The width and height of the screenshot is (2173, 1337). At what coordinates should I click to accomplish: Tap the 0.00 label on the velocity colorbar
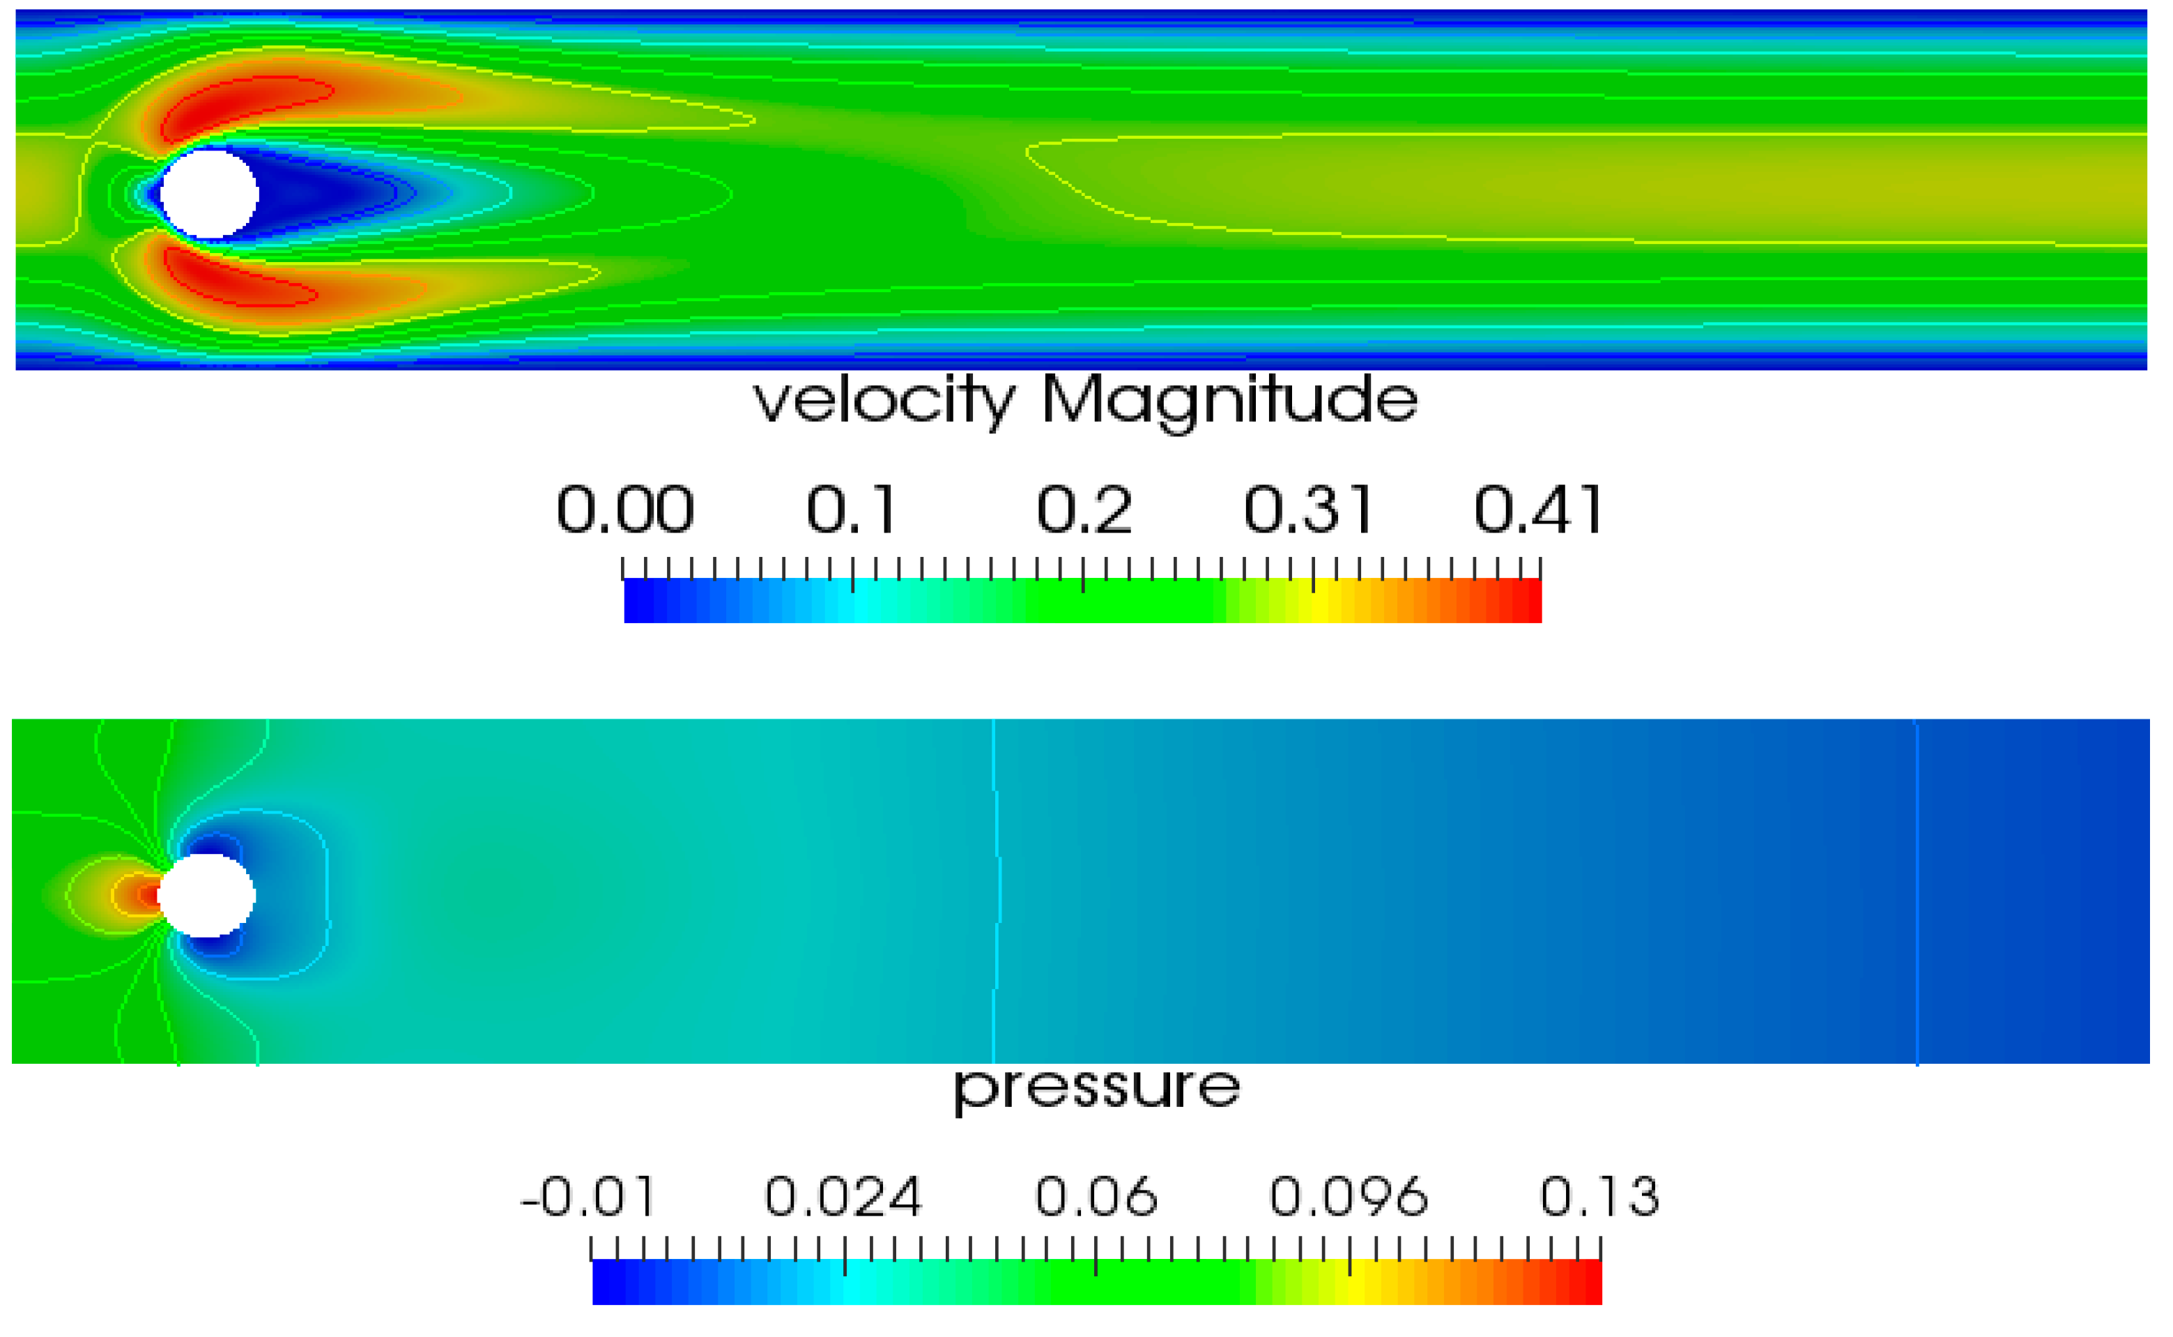(625, 510)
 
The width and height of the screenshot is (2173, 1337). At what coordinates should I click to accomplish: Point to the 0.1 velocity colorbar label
(852, 510)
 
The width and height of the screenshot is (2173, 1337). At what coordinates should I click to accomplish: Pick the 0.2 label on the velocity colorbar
(1084, 510)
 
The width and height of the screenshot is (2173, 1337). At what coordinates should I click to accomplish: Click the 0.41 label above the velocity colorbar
(1538, 510)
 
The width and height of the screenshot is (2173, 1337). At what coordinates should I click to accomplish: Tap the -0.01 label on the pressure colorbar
(589, 1198)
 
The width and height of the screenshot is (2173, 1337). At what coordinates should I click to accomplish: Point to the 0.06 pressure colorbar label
(1096, 1198)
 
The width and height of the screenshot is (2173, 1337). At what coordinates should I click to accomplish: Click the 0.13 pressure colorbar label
(1600, 1198)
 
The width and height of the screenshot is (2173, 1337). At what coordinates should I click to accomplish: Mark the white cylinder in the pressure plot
(207, 895)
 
